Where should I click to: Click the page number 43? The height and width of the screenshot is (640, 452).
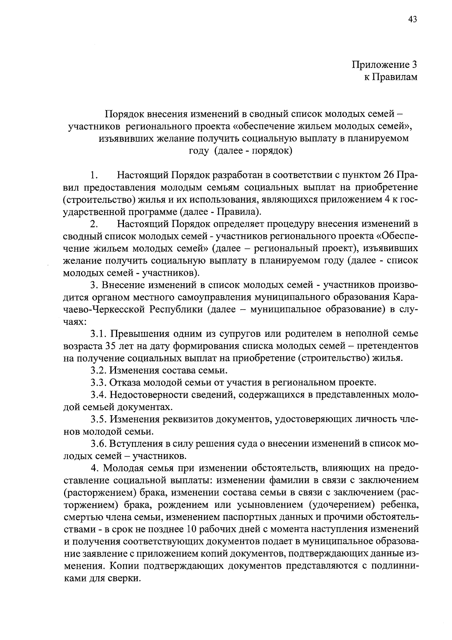[412, 20]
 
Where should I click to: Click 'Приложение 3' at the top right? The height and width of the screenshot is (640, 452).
[385, 65]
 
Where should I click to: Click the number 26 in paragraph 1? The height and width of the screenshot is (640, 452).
[389, 176]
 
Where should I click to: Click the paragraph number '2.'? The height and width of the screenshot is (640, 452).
[94, 224]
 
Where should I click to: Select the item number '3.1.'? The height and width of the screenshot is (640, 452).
[99, 334]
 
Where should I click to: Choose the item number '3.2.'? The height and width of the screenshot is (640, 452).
[99, 370]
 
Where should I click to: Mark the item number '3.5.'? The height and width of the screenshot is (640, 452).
[99, 419]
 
